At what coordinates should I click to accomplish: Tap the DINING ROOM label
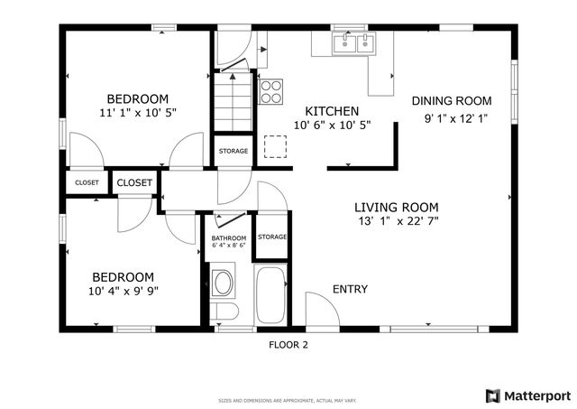click(452, 101)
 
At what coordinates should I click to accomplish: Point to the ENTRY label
click(350, 289)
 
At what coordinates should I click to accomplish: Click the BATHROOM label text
click(228, 237)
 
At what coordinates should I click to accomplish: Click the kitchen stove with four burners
click(271, 90)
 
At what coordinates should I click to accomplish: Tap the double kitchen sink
click(353, 43)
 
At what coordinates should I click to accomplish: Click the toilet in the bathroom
click(224, 311)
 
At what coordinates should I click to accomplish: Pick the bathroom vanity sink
click(222, 282)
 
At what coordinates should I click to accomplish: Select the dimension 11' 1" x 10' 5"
click(138, 113)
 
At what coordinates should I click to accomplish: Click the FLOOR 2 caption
click(288, 344)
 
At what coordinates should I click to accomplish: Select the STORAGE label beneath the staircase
click(233, 151)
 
